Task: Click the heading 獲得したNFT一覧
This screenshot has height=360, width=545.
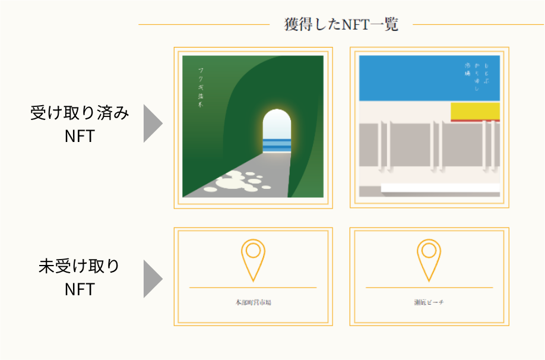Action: [341, 24]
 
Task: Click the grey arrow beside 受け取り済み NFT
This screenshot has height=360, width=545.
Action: [152, 125]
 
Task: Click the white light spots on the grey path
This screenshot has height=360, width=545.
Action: [237, 181]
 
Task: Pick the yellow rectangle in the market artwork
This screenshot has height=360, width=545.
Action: [475, 110]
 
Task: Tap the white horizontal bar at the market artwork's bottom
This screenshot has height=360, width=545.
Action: [440, 188]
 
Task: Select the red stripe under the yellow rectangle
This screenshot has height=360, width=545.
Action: [475, 120]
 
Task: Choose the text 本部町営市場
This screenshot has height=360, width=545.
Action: [253, 303]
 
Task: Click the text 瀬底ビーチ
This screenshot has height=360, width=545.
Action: [429, 303]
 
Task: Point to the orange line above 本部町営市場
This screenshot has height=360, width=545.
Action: [253, 288]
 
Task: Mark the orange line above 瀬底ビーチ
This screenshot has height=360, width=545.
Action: [429, 288]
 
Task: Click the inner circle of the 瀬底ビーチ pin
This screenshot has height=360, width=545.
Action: [429, 250]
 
